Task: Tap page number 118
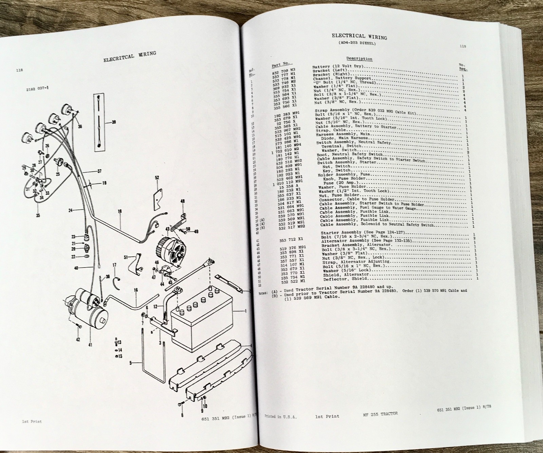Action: [19, 70]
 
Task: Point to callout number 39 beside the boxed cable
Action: [113, 122]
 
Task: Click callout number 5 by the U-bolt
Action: [130, 363]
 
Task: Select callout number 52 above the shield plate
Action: [157, 177]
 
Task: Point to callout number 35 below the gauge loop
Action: [37, 215]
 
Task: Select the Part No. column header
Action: [280, 63]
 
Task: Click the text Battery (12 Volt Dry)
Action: [338, 67]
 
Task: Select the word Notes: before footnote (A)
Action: [263, 292]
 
